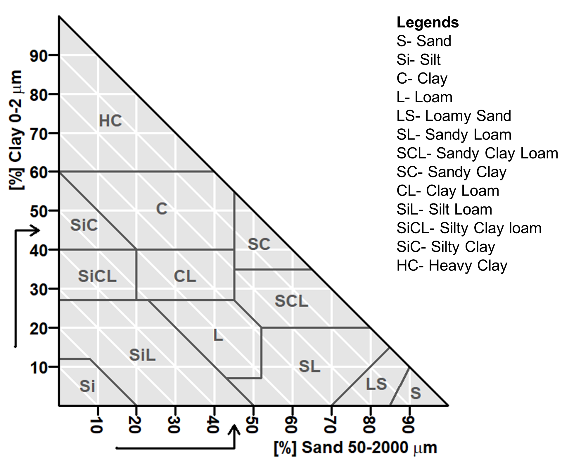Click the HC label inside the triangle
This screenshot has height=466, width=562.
pos(110,121)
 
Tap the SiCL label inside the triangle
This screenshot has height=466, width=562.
pos(97,276)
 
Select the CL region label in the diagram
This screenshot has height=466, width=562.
pos(185,276)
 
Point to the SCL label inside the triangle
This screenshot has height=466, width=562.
pos(291,301)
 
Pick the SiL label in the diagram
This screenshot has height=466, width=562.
pos(142,355)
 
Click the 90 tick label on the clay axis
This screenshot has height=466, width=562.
pos(39,56)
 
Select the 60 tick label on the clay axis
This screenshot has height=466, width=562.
pos(39,172)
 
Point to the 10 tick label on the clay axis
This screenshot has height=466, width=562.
pos(39,367)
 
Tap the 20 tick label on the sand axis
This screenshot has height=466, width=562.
pos(135,425)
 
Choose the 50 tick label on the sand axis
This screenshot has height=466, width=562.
pos(252,425)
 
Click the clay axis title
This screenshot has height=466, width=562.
pos(16,130)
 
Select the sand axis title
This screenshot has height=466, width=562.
pos(355,448)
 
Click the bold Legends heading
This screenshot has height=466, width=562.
pos(428,23)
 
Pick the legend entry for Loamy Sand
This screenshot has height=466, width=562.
pos(454,116)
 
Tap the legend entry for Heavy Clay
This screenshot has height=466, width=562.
pos(452,266)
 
